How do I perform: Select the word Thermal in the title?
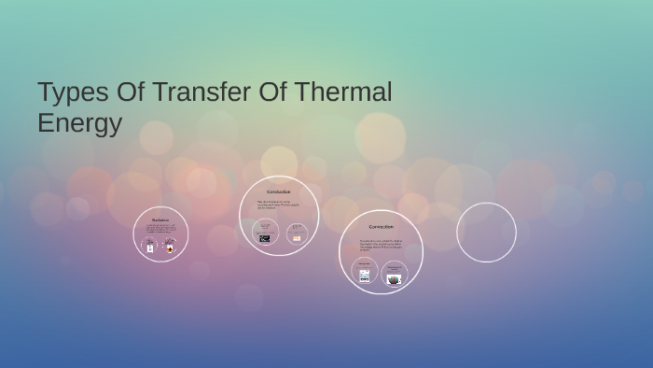tap(343, 92)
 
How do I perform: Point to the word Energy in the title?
tap(79, 123)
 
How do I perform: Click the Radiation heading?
tap(160, 220)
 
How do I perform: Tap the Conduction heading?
tap(279, 191)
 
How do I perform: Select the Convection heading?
tap(381, 227)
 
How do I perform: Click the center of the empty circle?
tap(486, 233)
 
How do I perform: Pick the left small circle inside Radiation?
tap(149, 247)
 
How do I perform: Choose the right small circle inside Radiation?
tap(170, 247)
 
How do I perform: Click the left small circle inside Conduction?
tap(265, 233)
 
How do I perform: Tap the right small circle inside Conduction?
tap(297, 234)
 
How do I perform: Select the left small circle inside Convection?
tap(365, 271)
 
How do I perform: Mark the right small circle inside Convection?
tap(394, 274)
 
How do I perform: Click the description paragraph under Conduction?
tap(278, 204)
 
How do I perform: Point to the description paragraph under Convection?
tap(380, 245)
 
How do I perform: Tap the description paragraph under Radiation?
tap(160, 230)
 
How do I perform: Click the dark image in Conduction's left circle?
tap(265, 238)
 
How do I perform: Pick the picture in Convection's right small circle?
tap(394, 278)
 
